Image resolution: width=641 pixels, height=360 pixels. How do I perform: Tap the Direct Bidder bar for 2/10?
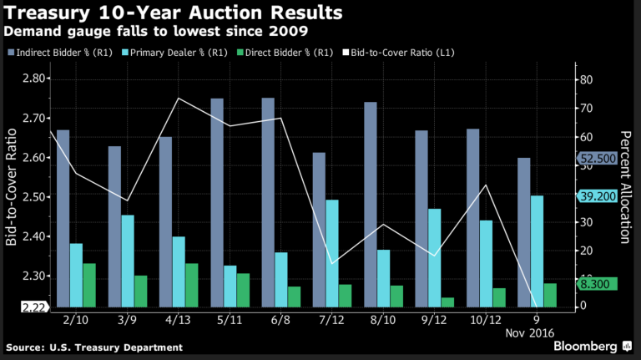pos(88,285)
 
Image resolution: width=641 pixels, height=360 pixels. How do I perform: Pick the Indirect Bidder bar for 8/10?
pos(371,205)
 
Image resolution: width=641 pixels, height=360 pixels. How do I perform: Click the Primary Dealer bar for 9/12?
pos(434,257)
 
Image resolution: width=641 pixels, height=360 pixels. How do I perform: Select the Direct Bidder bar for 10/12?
pos(498,297)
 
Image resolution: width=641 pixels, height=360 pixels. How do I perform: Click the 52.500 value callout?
pos(594,157)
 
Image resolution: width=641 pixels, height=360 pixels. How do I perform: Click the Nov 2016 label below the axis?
pos(537,332)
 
